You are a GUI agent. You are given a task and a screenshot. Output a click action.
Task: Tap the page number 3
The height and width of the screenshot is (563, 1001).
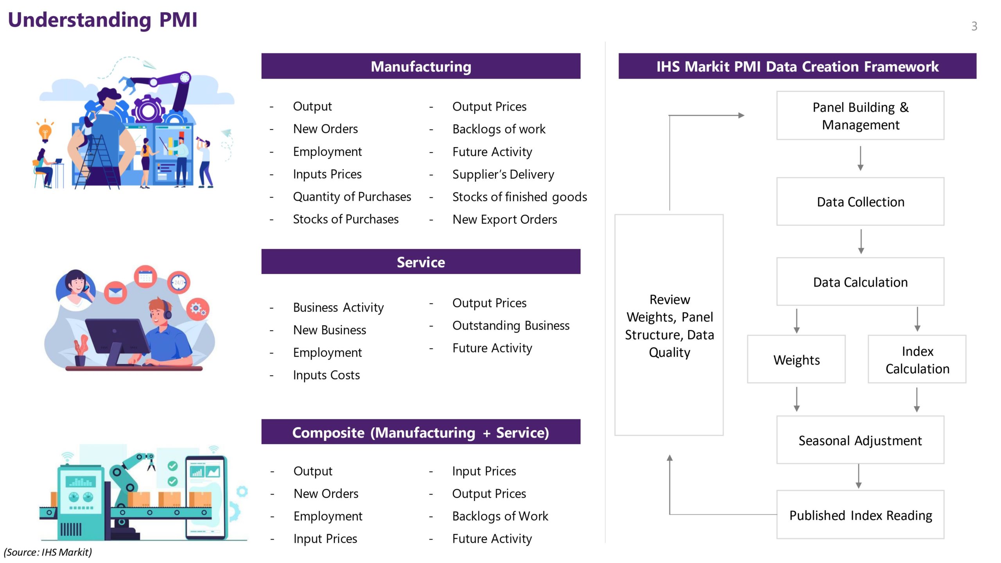point(974,26)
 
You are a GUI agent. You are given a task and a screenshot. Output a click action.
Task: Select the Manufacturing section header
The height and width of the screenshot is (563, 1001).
point(421,66)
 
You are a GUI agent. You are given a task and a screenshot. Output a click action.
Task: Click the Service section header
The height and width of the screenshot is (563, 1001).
point(421,262)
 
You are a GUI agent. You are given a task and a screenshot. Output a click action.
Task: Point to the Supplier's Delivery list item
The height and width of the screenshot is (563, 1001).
point(503,174)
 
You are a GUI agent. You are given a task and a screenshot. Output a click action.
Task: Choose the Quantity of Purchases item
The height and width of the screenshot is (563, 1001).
point(352,197)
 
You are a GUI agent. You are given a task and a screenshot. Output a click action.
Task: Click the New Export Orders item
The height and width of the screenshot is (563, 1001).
point(504,219)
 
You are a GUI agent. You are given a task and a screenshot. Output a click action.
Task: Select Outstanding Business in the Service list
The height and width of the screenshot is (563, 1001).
point(511,325)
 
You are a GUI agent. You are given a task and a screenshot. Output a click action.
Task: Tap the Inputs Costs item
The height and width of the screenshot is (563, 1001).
point(326,375)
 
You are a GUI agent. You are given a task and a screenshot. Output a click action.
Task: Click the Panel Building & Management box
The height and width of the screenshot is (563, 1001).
point(860,116)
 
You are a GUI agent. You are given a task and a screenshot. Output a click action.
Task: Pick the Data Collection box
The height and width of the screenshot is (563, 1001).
point(860,202)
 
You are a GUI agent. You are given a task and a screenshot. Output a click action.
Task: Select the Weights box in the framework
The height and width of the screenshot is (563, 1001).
point(796,360)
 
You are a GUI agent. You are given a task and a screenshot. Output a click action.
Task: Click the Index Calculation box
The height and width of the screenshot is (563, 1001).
point(917,360)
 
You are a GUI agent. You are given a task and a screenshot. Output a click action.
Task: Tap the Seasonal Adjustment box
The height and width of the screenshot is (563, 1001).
point(860,441)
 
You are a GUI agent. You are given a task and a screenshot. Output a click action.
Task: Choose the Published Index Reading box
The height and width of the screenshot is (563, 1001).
point(860,515)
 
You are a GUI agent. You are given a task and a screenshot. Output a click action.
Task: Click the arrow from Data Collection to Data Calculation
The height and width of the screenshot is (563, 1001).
point(861,241)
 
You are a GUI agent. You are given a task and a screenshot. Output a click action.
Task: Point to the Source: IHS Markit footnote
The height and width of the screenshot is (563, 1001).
point(48,552)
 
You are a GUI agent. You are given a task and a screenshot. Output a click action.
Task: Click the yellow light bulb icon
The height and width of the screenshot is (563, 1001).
point(45,131)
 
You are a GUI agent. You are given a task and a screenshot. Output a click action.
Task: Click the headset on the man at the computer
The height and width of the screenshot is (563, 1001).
point(167,311)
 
